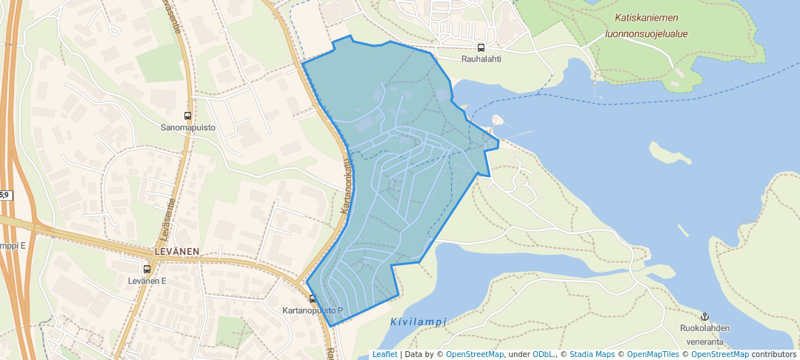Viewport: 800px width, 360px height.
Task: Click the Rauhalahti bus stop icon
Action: pyautogui.click(x=481, y=48)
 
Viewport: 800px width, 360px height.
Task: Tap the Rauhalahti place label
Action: pyautogui.click(x=481, y=60)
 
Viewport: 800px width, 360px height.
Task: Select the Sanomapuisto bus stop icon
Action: pyautogui.click(x=187, y=116)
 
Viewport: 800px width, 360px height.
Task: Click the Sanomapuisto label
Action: pyautogui.click(x=188, y=127)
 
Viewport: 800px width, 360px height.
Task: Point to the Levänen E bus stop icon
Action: pyautogui.click(x=147, y=270)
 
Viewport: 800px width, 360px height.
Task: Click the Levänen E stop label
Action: pyautogui.click(x=147, y=281)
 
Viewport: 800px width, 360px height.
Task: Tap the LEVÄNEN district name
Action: pyautogui.click(x=177, y=252)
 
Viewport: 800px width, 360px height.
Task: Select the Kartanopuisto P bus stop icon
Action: pyautogui.click(x=313, y=299)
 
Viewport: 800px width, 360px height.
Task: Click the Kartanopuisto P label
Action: pyautogui.click(x=313, y=310)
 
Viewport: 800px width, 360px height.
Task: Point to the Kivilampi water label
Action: pyautogui.click(x=418, y=321)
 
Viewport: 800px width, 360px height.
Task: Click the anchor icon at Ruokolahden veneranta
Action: pyautogui.click(x=704, y=316)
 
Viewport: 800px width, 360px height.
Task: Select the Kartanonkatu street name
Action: pyautogui.click(x=347, y=189)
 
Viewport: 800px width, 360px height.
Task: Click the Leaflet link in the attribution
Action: pyautogui.click(x=384, y=354)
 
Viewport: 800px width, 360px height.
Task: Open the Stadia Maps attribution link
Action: pyautogui.click(x=590, y=354)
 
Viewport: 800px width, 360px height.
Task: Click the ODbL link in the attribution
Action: pyautogui.click(x=543, y=354)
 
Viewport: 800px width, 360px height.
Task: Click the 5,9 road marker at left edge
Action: pyautogui.click(x=4, y=195)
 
